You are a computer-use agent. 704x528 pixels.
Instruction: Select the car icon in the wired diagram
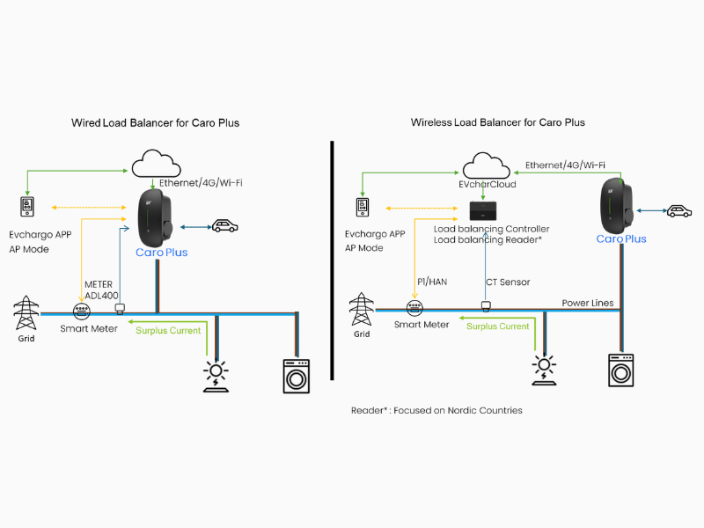point(224,226)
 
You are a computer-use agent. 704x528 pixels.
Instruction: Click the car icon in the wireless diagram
point(678,211)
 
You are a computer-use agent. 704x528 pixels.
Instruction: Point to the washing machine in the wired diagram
point(297,375)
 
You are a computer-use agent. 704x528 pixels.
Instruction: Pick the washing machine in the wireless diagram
point(622,370)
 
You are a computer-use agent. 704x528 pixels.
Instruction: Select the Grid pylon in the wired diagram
point(26,312)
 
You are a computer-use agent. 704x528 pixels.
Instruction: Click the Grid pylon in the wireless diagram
point(361,309)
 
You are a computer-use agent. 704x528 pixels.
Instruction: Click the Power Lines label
point(588,303)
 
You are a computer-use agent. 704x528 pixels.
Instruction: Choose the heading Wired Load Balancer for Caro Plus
point(155,122)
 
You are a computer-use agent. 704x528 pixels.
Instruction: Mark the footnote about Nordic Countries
point(437,410)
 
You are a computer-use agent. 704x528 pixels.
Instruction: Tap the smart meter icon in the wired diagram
point(81,312)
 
